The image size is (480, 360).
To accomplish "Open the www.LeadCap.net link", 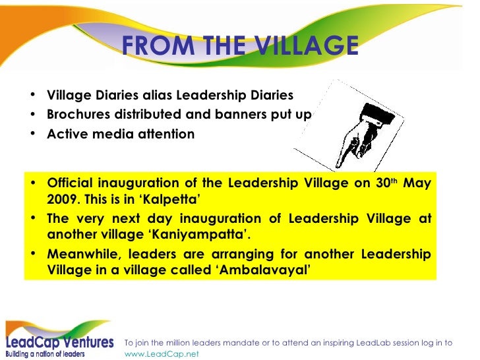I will (161, 353).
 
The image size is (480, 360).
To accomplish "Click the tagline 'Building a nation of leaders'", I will (45, 354).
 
